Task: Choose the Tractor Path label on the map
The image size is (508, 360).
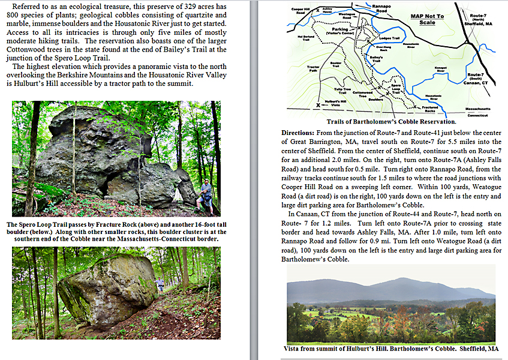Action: click(313, 68)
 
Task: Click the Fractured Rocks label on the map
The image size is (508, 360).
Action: click(429, 109)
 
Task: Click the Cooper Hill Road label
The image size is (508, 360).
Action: click(301, 11)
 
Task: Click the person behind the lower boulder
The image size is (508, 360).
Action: click(160, 283)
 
